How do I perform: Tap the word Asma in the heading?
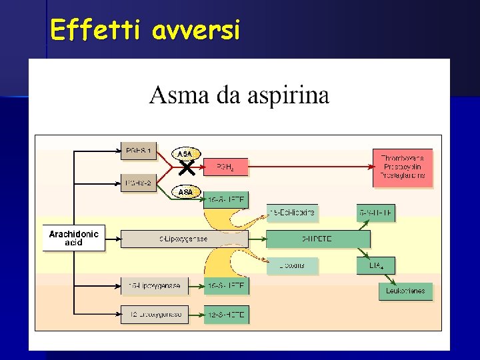175,95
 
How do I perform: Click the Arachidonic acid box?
73,238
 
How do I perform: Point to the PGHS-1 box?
138,153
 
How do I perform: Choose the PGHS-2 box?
138,182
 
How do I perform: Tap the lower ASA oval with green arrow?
185,192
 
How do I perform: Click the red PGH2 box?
225,167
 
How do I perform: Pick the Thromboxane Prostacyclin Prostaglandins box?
403,167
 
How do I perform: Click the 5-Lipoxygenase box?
184,239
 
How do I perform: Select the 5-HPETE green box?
318,239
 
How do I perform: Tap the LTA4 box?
376,265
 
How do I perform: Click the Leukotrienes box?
406,291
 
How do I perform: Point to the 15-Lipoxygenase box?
155,287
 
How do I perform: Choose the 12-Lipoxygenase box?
155,314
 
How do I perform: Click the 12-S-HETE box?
226,314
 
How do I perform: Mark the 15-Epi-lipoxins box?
293,213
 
